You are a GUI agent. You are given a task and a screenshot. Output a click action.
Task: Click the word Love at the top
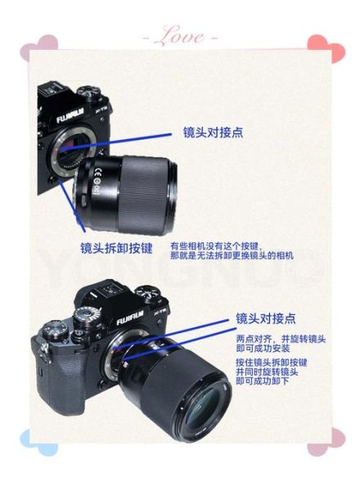click(180, 37)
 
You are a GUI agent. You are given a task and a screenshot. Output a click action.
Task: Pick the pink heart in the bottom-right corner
click(320, 443)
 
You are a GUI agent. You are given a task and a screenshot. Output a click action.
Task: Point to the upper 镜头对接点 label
click(212, 132)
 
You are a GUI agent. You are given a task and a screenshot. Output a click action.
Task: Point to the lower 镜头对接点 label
click(266, 318)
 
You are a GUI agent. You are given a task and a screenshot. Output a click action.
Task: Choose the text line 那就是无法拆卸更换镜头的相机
click(232, 255)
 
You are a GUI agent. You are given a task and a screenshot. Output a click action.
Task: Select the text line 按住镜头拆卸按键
click(271, 362)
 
